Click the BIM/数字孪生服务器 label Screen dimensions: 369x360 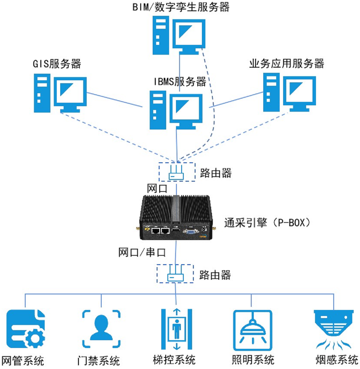click(x=181, y=7)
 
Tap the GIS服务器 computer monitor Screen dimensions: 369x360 click(x=70, y=92)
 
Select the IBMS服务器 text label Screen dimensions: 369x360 click(x=180, y=82)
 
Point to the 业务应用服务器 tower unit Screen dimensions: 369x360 click(x=271, y=92)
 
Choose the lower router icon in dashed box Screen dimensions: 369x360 click(x=175, y=274)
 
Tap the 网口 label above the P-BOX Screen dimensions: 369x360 click(x=157, y=189)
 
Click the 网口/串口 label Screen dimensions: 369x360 click(x=142, y=252)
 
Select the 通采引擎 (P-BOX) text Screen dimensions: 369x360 click(x=268, y=222)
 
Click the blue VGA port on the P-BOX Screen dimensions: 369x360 click(x=190, y=231)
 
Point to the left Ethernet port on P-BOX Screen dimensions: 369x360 click(x=156, y=231)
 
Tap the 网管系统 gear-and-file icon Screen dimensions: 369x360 click(x=26, y=329)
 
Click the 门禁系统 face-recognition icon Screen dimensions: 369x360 click(x=101, y=329)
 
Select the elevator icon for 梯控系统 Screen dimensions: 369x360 click(x=176, y=329)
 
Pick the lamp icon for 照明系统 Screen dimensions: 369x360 click(x=252, y=330)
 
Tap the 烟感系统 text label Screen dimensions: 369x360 click(x=336, y=360)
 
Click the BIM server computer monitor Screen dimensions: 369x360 click(x=189, y=34)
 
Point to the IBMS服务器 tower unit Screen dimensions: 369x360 click(x=158, y=110)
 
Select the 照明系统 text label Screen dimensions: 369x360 click(x=253, y=360)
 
